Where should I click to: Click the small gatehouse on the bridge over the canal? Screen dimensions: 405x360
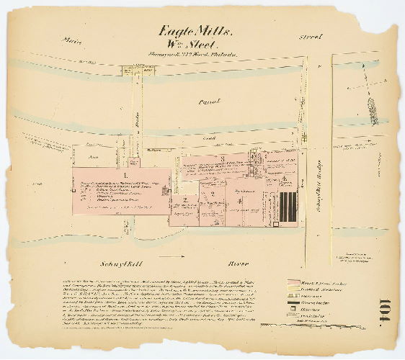tap(133, 71)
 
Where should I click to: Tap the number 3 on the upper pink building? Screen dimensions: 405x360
tap(223, 158)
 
